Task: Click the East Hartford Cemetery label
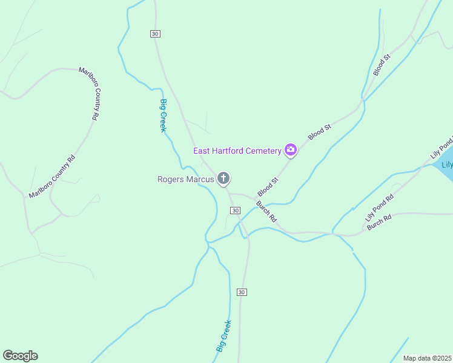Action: pyautogui.click(x=237, y=151)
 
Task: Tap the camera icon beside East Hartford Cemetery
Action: pyautogui.click(x=291, y=149)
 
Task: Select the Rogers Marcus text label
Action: pyautogui.click(x=185, y=179)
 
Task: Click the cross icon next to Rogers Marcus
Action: pyautogui.click(x=223, y=178)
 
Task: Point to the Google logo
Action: pyautogui.click(x=20, y=356)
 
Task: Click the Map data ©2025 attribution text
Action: pyautogui.click(x=427, y=358)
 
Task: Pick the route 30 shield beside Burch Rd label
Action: pyautogui.click(x=236, y=210)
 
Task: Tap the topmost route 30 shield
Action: pyautogui.click(x=156, y=34)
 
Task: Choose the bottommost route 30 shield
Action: pyautogui.click(x=242, y=292)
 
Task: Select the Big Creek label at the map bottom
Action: pyautogui.click(x=223, y=336)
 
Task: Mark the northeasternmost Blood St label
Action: pyautogui.click(x=383, y=65)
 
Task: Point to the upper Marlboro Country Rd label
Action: pyautogui.click(x=90, y=93)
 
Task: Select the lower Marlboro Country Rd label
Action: pyautogui.click(x=52, y=177)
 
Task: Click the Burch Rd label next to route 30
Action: pyautogui.click(x=266, y=211)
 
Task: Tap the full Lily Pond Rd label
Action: pyautogui.click(x=379, y=207)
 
